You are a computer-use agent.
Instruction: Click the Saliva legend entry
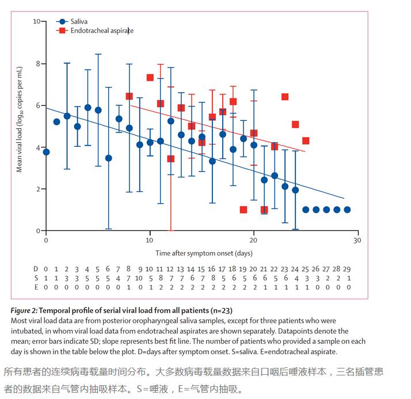(x=79, y=21)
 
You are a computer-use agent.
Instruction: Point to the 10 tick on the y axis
(x=36, y=21)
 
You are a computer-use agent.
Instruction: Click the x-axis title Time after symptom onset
(x=203, y=253)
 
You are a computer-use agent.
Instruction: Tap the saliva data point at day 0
(x=46, y=152)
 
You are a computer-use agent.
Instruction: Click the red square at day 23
(x=285, y=97)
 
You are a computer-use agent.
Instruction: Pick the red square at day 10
(x=150, y=77)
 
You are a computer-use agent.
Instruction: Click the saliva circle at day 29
(x=347, y=210)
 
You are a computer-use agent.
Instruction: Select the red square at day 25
(x=306, y=140)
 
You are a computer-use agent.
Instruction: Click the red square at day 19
(x=243, y=210)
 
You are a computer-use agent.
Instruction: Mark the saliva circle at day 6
(x=108, y=158)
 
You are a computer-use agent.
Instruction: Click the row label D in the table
(x=36, y=269)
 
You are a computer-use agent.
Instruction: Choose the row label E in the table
(x=36, y=286)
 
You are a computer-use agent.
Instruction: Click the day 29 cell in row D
(x=347, y=269)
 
